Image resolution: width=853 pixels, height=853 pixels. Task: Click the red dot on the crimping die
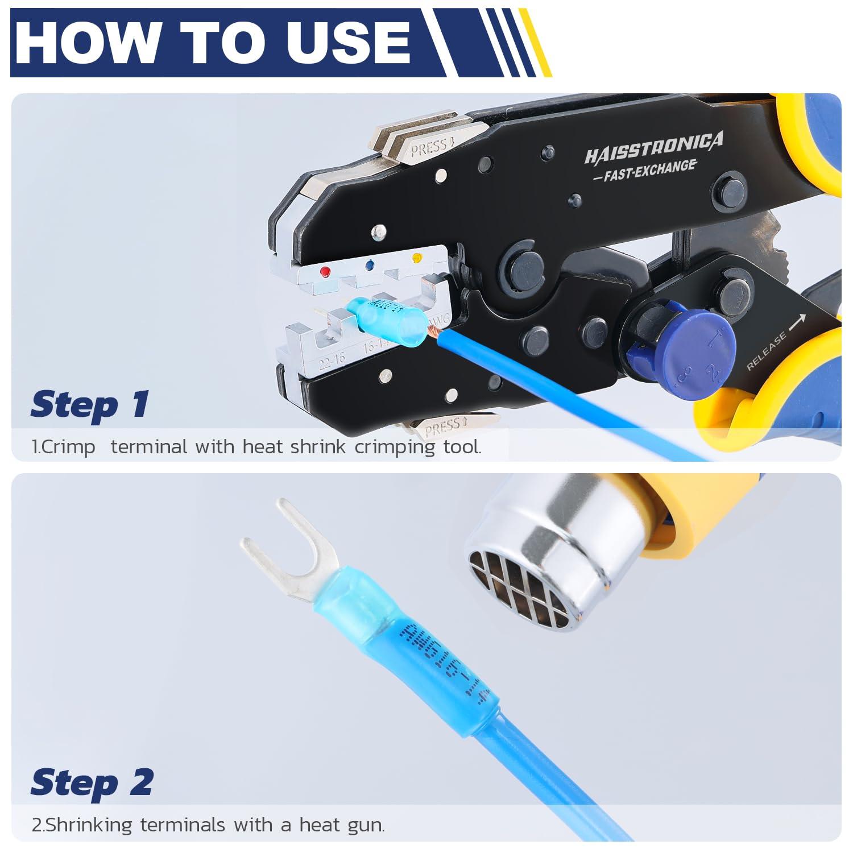325,272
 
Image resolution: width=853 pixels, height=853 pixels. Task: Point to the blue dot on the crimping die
370,265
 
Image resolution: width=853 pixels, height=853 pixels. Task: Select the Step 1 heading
90,405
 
